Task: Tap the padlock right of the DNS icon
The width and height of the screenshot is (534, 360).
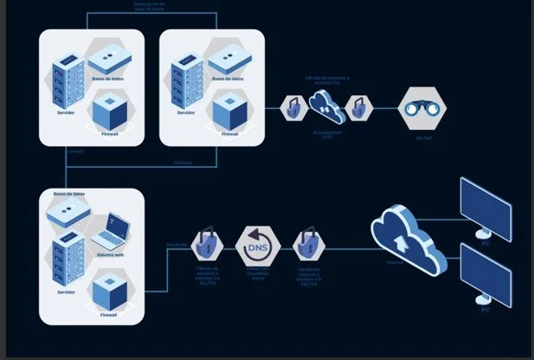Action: [x=307, y=247]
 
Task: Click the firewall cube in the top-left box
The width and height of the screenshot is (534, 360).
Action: [x=110, y=111]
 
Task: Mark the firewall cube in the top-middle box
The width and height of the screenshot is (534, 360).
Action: [x=230, y=111]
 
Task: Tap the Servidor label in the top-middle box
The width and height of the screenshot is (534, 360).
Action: [x=185, y=112]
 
